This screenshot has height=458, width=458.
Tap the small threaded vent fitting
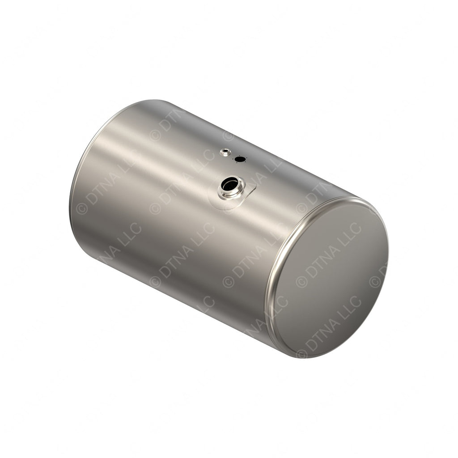pos(225,152)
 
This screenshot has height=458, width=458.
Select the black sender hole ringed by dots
pos(240,159)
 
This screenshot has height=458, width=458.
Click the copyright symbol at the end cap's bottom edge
pos(302,354)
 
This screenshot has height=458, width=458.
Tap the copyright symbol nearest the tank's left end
pos(82,208)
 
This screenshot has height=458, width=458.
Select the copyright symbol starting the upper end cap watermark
pos(301,281)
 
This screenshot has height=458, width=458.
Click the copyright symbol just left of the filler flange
pos(155,208)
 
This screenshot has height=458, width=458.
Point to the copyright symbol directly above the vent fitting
pos(228,135)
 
